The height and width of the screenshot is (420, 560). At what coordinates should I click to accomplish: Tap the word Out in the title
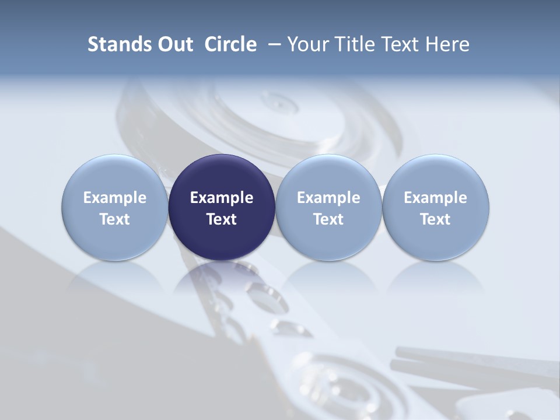(173, 44)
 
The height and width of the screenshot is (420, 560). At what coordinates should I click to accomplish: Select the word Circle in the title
(230, 44)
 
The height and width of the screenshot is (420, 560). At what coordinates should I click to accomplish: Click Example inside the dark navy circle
(222, 198)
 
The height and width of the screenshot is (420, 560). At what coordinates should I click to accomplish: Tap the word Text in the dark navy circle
(222, 219)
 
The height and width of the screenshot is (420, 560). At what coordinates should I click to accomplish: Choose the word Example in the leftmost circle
(115, 198)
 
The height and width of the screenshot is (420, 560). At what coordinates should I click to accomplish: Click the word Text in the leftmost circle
(115, 219)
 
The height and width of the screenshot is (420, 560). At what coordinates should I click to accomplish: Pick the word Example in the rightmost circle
(435, 198)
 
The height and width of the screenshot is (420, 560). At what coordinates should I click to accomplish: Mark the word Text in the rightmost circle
(435, 219)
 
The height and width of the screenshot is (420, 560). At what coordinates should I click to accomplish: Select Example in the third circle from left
(328, 198)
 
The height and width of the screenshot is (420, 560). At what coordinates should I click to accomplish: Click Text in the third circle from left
(328, 219)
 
